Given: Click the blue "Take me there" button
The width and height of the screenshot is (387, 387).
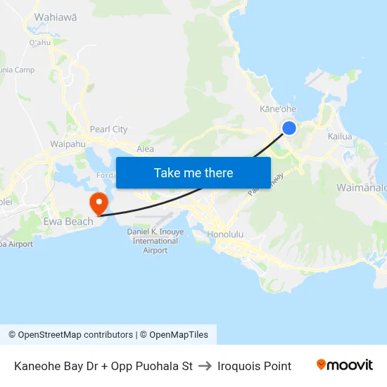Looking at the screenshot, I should coord(193,172).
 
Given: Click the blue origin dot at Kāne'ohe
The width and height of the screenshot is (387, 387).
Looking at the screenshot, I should coord(288,127).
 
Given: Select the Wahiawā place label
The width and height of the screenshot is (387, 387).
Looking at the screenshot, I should coord(55,17).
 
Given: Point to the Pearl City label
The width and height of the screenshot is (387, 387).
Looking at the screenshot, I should coord(109,129).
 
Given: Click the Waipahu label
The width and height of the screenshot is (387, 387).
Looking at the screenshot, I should coord(68,144).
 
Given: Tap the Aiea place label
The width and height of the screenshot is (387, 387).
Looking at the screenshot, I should coord(145,149).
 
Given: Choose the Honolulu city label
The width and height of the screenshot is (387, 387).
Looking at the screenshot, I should coord(225,234).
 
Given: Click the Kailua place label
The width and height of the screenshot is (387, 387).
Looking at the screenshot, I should coord(341,137).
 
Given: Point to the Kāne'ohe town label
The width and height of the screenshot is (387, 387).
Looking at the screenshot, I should coord(277,109).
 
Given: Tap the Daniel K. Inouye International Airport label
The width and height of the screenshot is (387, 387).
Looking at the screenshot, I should coord(156,241).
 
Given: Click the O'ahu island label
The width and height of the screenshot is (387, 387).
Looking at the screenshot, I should coord(40,42).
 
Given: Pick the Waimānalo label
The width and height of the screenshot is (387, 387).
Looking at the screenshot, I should coord(362,188).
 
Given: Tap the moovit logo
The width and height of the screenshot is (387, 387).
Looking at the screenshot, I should coord(345,365).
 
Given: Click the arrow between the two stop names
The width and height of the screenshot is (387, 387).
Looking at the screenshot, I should coord(205,366).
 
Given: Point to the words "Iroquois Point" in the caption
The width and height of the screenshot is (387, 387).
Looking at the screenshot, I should coord(254,366).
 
